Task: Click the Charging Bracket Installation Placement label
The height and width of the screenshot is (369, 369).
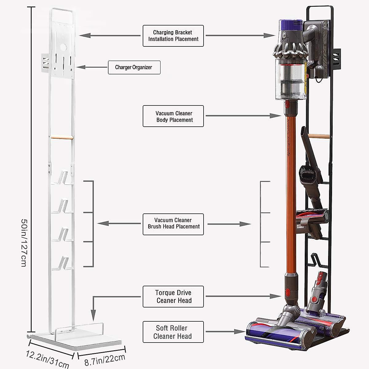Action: tap(173, 36)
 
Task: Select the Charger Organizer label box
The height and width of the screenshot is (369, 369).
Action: tap(134, 67)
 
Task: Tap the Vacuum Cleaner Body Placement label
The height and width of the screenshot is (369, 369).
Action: tap(173, 116)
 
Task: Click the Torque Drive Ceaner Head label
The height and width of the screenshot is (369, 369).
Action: tap(173, 296)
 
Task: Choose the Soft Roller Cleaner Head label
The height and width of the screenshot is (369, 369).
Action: tap(173, 332)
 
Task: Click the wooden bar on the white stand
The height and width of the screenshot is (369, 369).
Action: tap(62, 138)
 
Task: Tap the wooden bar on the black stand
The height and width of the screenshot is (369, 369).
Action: tap(319, 136)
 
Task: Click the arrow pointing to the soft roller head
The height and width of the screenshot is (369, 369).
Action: tap(226, 332)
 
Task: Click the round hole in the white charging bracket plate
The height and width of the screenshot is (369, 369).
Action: tap(63, 48)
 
